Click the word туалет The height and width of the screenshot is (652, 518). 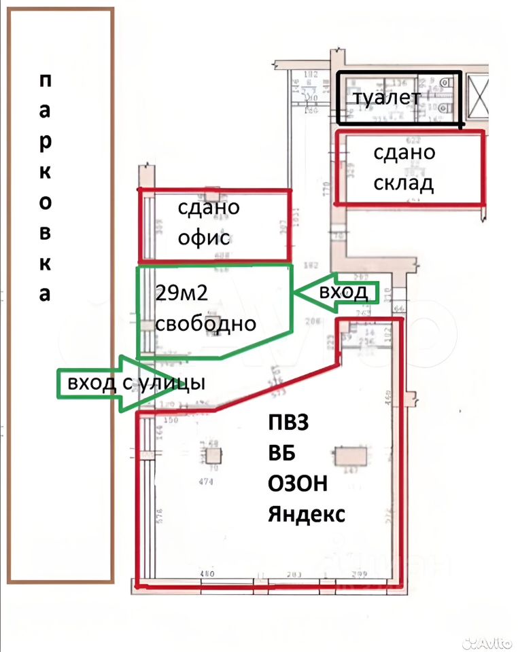click(386, 98)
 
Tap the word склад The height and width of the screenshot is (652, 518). click(404, 183)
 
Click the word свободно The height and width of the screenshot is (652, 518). click(205, 323)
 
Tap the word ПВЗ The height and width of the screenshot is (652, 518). click(288, 422)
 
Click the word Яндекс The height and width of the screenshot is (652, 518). click(306, 514)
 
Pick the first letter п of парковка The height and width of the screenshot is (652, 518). click(45, 81)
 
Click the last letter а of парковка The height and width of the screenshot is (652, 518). click(45, 295)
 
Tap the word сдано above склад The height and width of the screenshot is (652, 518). click(404, 152)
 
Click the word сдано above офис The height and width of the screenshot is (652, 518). click(209, 206)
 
